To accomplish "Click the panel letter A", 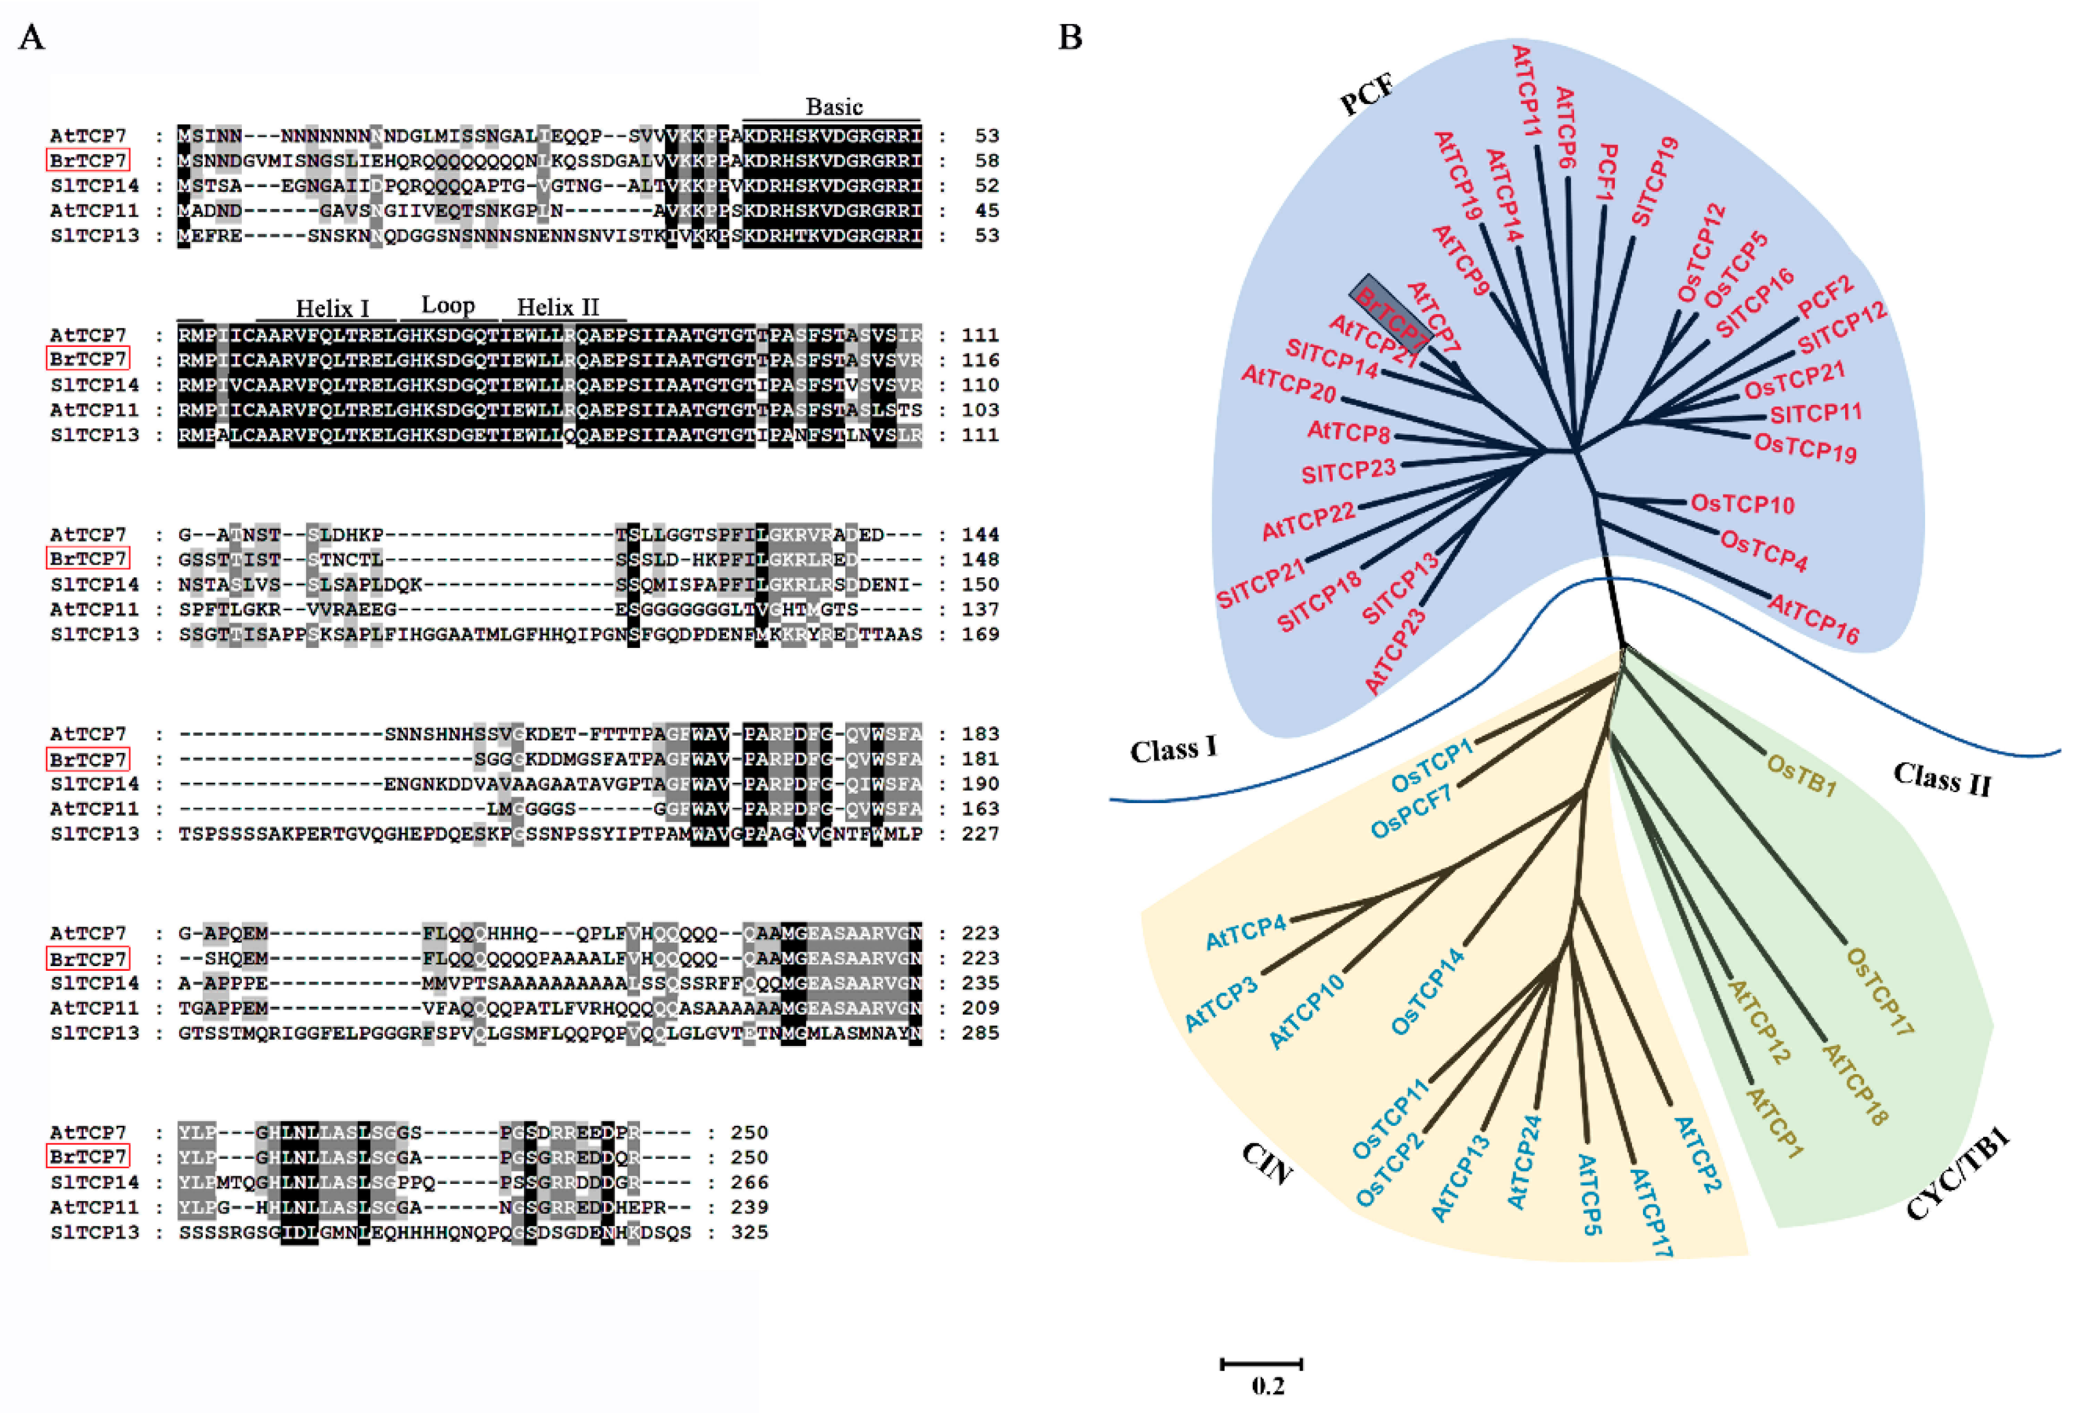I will pos(32,38).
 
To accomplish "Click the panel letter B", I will pos(1070,38).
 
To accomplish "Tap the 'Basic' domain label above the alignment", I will pos(834,107).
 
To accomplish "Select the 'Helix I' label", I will pos(333,308).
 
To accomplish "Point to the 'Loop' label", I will pos(448,306).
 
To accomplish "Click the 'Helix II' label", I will pos(557,307).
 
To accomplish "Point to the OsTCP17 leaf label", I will pos(1880,993).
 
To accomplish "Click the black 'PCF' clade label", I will pos(1367,95).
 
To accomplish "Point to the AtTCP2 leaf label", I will pos(1697,1155).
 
